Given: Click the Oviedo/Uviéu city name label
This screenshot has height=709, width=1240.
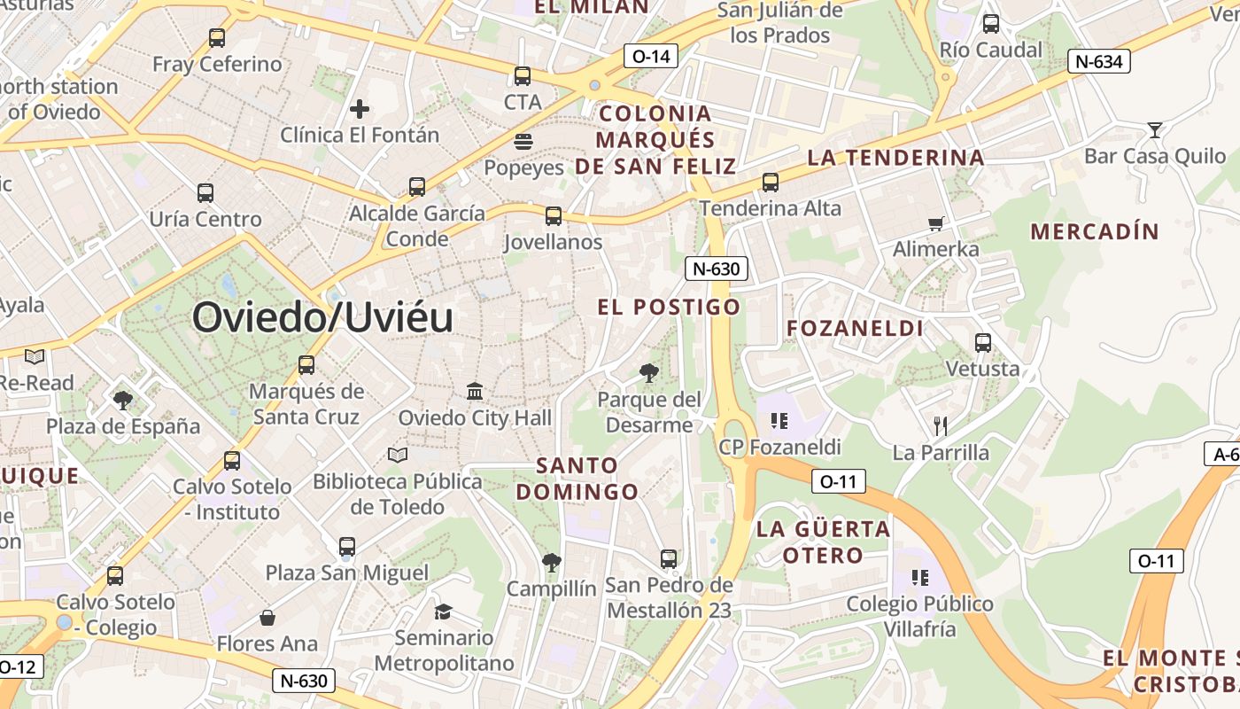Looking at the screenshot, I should [x=322, y=317].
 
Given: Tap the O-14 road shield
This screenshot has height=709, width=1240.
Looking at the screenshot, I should [x=650, y=57].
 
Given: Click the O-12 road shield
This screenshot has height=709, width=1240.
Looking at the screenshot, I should [x=18, y=666].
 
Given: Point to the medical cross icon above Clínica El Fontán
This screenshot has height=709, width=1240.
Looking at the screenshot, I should [x=360, y=109].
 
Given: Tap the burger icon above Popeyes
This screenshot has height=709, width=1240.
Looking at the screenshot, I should [x=523, y=142].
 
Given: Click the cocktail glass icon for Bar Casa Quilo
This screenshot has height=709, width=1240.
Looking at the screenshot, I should [x=1154, y=130].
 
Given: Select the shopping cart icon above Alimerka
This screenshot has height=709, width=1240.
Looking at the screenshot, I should [x=935, y=223].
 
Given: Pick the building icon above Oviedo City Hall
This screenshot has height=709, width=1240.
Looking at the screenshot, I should [x=475, y=391].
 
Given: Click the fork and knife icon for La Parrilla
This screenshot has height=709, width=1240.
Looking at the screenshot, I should [x=941, y=426].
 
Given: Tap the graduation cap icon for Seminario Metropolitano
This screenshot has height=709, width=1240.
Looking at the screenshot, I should [x=443, y=612].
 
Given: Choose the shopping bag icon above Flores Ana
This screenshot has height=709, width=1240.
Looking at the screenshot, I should [x=267, y=617].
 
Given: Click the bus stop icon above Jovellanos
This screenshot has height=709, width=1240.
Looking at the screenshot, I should [x=554, y=215].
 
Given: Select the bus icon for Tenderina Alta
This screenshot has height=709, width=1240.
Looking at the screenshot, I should [x=771, y=183].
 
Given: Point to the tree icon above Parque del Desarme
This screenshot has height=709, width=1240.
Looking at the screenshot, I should [x=649, y=373].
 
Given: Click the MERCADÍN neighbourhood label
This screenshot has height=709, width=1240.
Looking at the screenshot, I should [x=1095, y=232].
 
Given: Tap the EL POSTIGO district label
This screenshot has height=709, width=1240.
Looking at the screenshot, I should [x=669, y=308].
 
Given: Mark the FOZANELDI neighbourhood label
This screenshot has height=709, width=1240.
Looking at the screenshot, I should [x=855, y=329].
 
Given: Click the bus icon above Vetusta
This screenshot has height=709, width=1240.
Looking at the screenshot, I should [x=982, y=342].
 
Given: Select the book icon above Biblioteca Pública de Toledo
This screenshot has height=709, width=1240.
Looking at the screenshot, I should [x=398, y=455].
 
